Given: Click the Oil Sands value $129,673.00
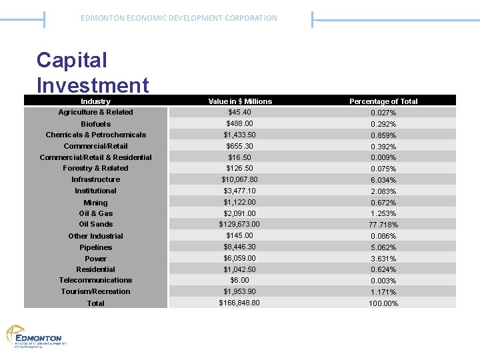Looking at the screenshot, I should [240, 224].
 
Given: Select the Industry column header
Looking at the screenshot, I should [95, 101].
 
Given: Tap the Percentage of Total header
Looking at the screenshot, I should [383, 101].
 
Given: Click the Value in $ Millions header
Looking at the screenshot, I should [240, 101].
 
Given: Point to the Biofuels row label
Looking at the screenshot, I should [95, 124].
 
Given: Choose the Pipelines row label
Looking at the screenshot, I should [95, 247].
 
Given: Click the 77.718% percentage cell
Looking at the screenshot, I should [383, 225].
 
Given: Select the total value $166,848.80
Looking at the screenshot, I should [240, 303].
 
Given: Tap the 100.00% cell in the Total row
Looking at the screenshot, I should [383, 303].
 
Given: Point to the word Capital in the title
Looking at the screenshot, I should [71, 60].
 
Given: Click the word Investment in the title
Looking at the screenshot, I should [93, 85].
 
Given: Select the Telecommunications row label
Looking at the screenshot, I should [95, 280].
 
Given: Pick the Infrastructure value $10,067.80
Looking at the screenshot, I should [240, 179].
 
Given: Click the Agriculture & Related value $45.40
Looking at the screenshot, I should [240, 112].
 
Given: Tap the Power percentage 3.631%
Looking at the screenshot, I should [383, 259].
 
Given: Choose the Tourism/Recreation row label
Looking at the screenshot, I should [95, 291].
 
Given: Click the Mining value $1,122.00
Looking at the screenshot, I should [240, 202].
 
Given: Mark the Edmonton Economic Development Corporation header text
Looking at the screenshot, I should [179, 18].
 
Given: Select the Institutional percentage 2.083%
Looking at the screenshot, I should [383, 191].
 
